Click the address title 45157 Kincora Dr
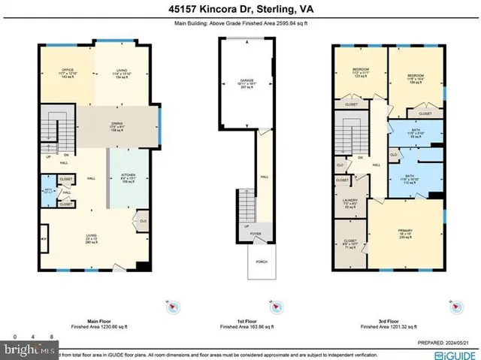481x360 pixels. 240,10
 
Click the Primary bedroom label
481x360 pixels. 406,233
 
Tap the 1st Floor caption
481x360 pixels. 245,321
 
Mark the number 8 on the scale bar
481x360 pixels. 50,337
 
